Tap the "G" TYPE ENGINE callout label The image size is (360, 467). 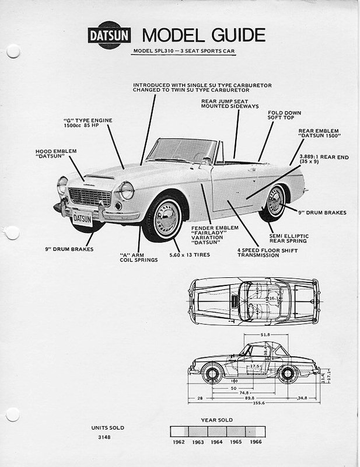click(88, 123)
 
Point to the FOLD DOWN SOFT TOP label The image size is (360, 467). click(280, 115)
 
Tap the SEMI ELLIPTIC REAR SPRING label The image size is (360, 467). click(288, 239)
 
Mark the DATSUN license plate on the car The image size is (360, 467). click(82, 218)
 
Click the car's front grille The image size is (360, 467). click(89, 197)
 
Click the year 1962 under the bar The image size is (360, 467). click(179, 442)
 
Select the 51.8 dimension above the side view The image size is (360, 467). click(265, 334)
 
